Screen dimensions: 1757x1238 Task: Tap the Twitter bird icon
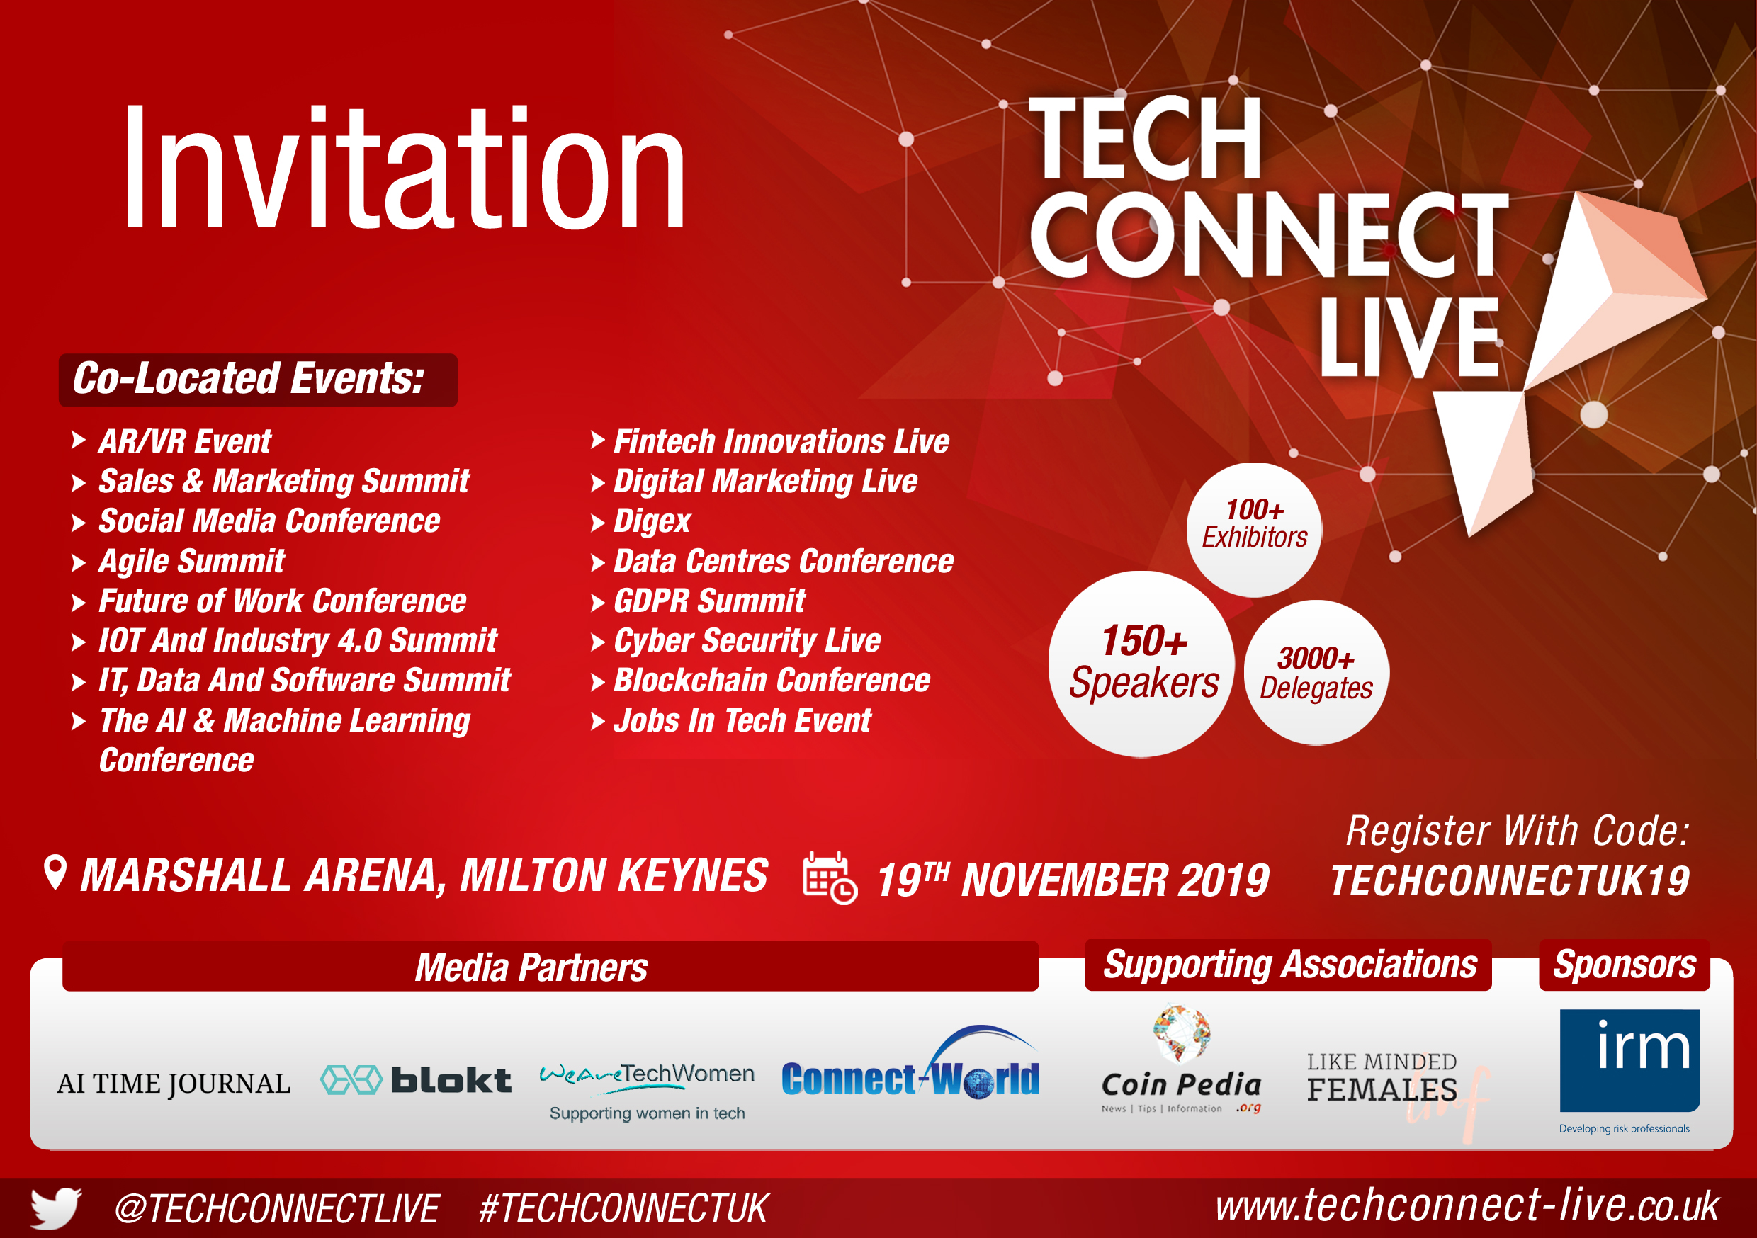pyautogui.click(x=55, y=1208)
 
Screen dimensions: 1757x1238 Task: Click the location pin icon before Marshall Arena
pyautogui.click(x=55, y=873)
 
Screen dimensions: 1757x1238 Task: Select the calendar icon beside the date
pyautogui.click(x=830, y=878)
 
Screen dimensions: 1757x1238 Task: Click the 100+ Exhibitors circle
pyautogui.click(x=1253, y=530)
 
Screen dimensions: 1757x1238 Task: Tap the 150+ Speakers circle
pyautogui.click(x=1142, y=664)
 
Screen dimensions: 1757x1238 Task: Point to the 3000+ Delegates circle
pyautogui.click(x=1316, y=673)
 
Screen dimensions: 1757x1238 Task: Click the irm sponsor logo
pyautogui.click(x=1629, y=1069)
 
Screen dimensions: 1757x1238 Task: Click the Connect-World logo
pyautogui.click(x=910, y=1064)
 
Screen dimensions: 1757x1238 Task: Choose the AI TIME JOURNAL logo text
pyautogui.click(x=174, y=1084)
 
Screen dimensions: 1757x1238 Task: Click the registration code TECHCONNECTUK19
pyautogui.click(x=1510, y=880)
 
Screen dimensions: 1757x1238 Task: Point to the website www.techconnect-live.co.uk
pyautogui.click(x=1467, y=1206)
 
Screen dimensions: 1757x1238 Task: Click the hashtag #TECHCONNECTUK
pyautogui.click(x=623, y=1208)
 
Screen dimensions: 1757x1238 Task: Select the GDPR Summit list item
pyautogui.click(x=708, y=601)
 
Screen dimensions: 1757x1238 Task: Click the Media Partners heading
pyautogui.click(x=531, y=967)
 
